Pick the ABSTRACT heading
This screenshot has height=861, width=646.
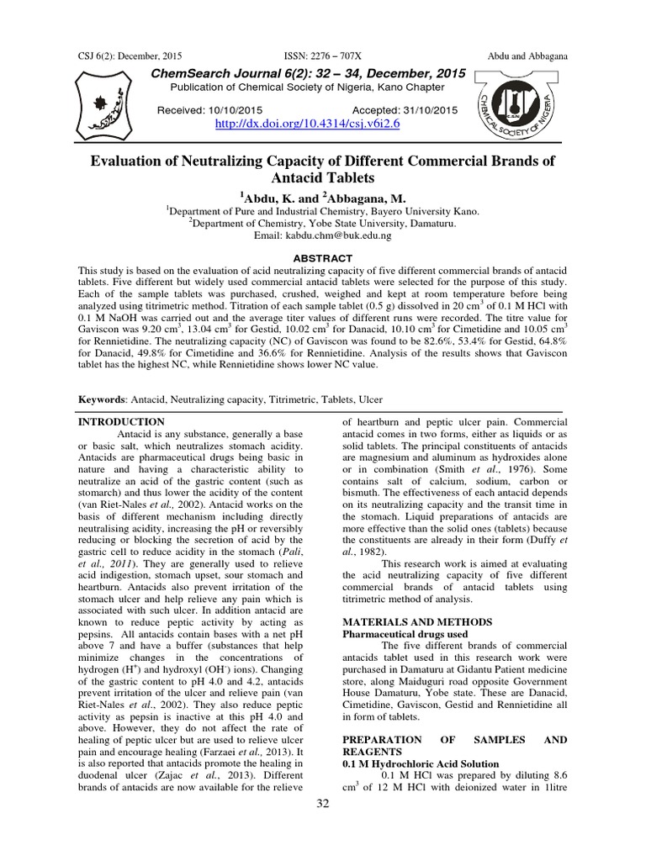click(324, 257)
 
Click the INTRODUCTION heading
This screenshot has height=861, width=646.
click(121, 421)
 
